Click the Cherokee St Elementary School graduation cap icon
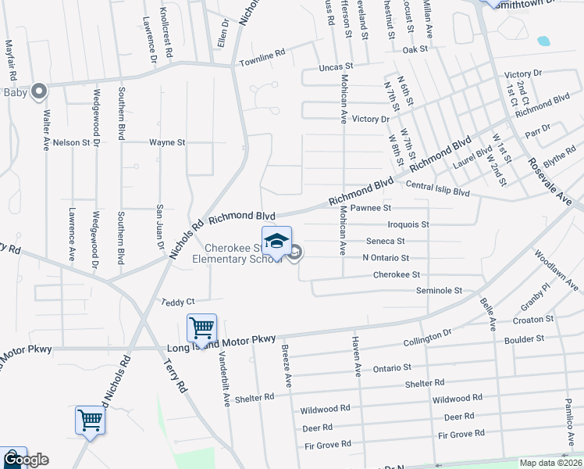pos(276,242)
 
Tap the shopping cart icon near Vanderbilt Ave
pos(201,327)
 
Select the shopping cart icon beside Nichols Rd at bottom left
pos(90,420)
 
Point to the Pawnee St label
pos(370,208)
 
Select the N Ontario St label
pos(386,258)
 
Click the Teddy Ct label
pos(177,302)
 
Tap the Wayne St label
pos(167,143)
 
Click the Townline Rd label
pos(262,59)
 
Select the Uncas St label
pos(336,68)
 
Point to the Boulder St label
pos(524,339)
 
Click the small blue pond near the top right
pos(543,40)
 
